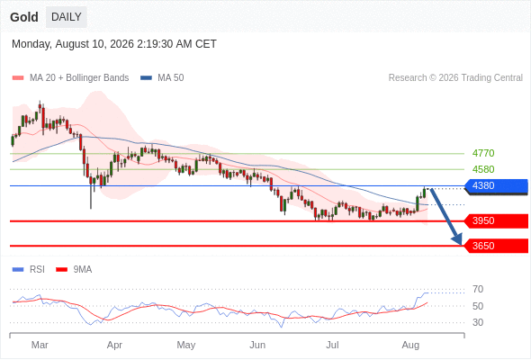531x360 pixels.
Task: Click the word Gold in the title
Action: click(24, 17)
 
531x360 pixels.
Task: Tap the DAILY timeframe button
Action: click(67, 17)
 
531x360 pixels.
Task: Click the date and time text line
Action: click(114, 44)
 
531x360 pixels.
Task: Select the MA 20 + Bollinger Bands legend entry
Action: click(70, 78)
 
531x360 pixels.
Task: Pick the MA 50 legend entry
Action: click(162, 78)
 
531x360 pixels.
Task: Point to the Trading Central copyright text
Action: click(455, 78)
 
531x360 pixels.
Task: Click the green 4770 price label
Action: click(483, 153)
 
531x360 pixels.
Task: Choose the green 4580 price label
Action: click(483, 169)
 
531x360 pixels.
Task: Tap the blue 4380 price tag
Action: click(496, 186)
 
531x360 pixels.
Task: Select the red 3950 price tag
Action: click(496, 220)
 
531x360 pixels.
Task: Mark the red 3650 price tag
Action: click(496, 246)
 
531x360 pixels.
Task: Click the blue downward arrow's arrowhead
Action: click(457, 239)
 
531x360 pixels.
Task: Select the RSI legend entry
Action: click(29, 270)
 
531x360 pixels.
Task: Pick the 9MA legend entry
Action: click(74, 270)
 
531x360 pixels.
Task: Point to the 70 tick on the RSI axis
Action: click(478, 289)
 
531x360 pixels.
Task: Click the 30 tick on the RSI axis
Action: click(478, 322)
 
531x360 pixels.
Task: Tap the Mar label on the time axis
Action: click(40, 345)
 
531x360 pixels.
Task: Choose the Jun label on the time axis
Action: click(257, 345)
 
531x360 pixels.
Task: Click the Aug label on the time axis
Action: click(410, 346)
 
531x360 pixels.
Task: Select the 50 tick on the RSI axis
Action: click(478, 306)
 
